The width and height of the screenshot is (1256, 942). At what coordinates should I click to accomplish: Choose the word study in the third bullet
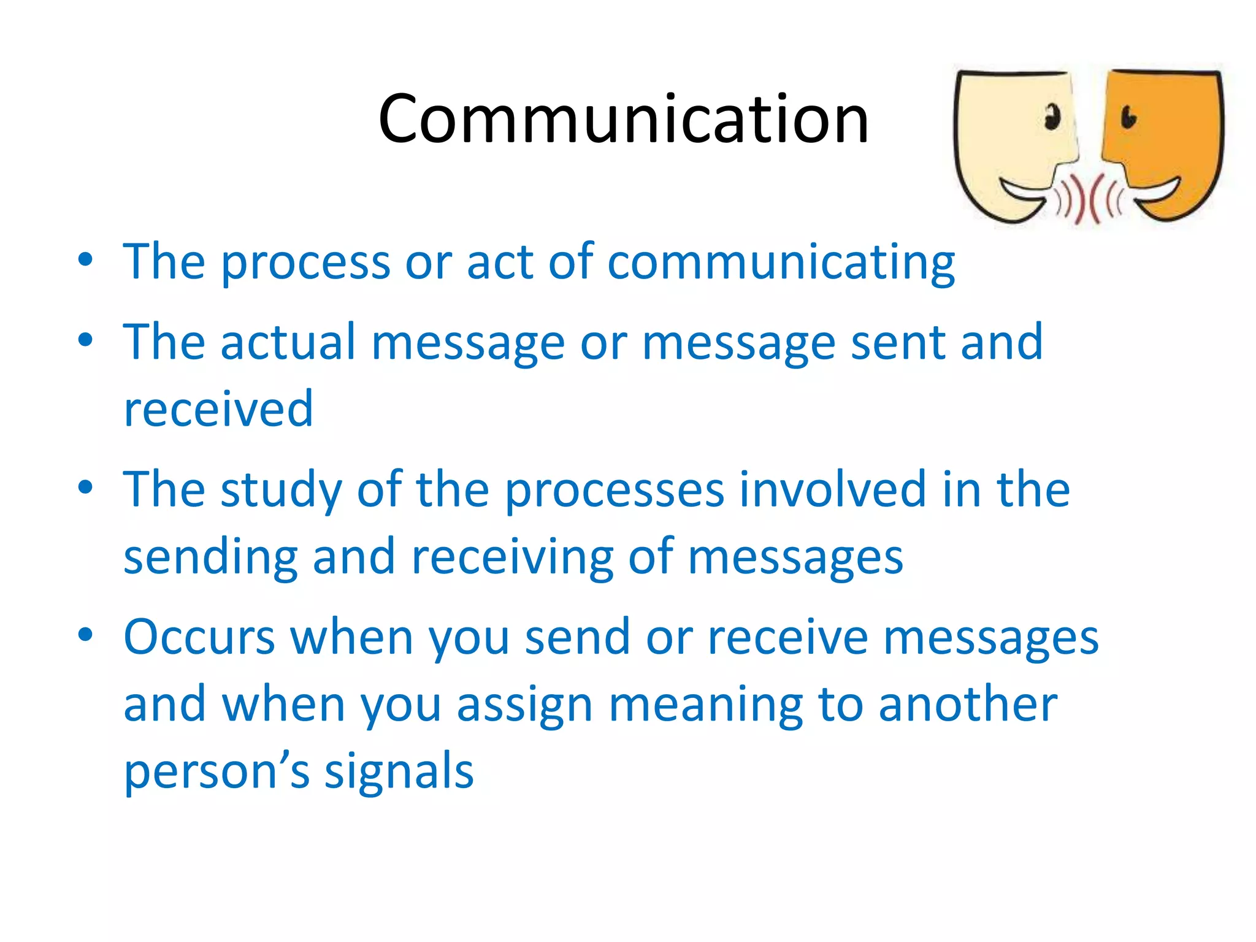click(x=281, y=491)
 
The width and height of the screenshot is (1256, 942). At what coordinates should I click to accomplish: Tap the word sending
click(x=210, y=557)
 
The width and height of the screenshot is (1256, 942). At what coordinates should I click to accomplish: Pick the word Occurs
click(x=199, y=637)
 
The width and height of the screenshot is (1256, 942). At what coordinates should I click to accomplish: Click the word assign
click(x=524, y=705)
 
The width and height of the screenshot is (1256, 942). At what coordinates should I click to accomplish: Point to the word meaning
click(x=705, y=705)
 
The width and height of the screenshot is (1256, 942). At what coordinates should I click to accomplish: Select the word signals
click(x=399, y=771)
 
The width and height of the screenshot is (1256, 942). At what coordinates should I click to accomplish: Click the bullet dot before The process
click(x=85, y=259)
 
